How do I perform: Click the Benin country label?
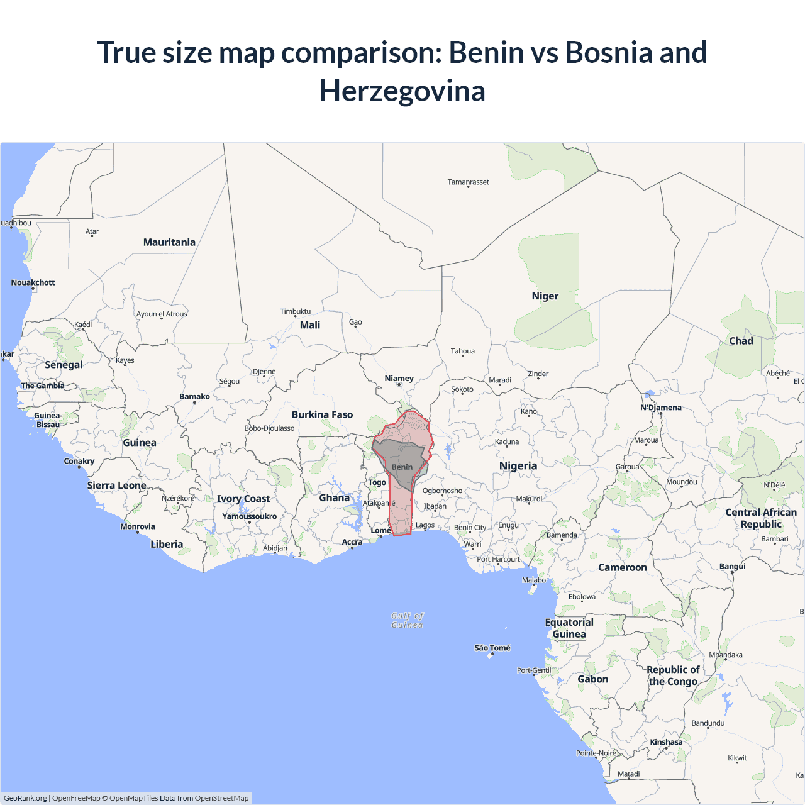coord(402,467)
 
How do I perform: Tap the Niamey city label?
coord(399,379)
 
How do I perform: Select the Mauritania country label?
coord(169,242)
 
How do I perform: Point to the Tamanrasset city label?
coord(468,182)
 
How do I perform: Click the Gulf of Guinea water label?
coord(408,620)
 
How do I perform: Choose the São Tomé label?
coord(492,648)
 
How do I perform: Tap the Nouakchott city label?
coord(33,282)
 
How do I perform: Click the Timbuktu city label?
coord(296,311)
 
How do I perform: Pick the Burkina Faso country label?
coord(322,414)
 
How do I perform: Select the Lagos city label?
coord(425,525)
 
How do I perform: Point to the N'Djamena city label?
coord(661,408)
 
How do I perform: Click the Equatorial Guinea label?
coord(569,628)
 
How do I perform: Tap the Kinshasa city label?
coord(666,742)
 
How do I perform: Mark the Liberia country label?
coord(167,544)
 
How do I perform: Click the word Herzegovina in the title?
coord(402,91)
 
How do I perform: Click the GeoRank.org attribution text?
coord(25,798)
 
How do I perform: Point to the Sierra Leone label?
coord(116,486)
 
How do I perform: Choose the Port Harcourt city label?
coord(499,559)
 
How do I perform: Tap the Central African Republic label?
coord(761,518)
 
